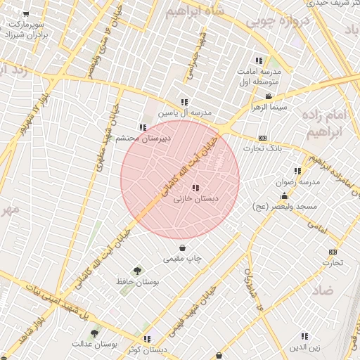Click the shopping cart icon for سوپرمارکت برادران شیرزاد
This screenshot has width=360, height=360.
27,14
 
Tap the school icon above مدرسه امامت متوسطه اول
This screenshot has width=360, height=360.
259,60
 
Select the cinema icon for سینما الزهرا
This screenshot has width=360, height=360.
268,96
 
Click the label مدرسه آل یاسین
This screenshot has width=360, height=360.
184,112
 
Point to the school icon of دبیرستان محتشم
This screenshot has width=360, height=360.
143,127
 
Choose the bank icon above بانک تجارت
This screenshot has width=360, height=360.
262,138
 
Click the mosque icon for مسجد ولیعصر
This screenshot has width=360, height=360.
284,196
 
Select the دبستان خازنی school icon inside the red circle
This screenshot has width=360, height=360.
195,188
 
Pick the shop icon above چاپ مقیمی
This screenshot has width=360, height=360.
183,247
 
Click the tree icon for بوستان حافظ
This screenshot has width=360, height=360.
136,270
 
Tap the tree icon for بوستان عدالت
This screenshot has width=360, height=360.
94,333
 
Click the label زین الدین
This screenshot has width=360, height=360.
304,347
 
